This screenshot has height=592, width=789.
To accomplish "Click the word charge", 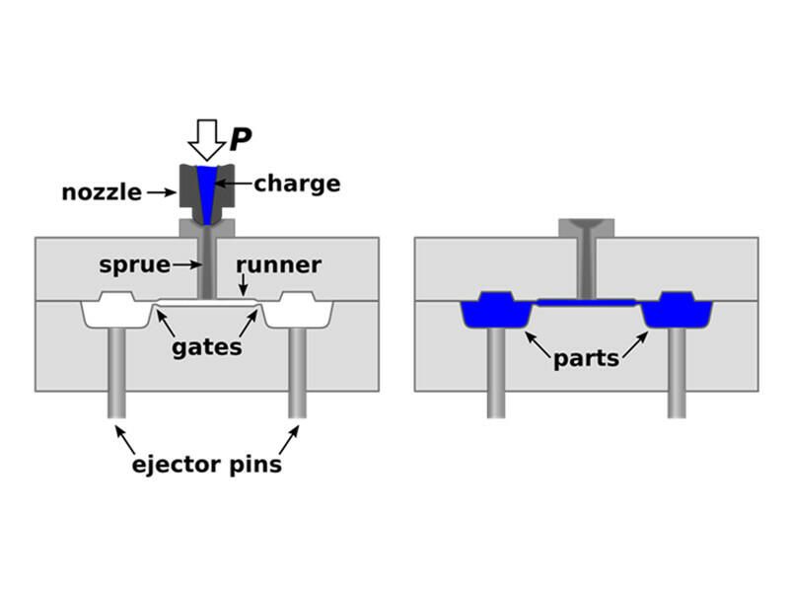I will click(x=297, y=184).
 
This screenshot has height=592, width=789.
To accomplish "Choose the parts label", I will click(x=586, y=358).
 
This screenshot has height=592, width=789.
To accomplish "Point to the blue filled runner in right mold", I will click(x=586, y=301).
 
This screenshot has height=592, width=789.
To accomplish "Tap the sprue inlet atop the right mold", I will click(x=586, y=226).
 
